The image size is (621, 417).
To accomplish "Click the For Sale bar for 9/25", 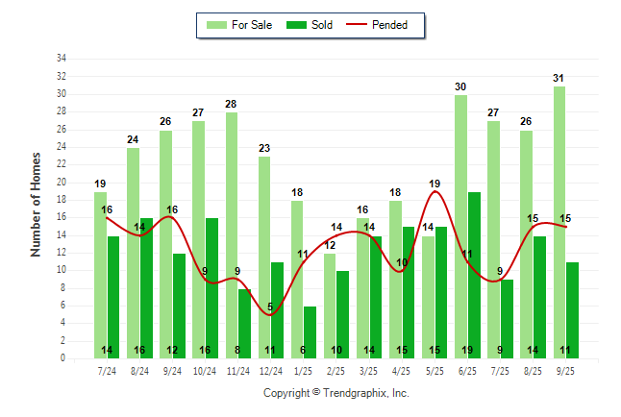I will pyautogui.click(x=559, y=222).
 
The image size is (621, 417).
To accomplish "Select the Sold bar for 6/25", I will pyautogui.click(x=474, y=275).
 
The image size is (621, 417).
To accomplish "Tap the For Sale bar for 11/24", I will pyautogui.click(x=232, y=235).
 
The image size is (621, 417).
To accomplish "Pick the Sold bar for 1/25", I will pyautogui.click(x=310, y=331).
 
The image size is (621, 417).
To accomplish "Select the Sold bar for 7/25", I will pyautogui.click(x=507, y=319).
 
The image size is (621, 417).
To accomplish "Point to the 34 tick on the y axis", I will pyautogui.click(x=62, y=59).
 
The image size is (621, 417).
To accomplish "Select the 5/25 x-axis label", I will pyautogui.click(x=435, y=370).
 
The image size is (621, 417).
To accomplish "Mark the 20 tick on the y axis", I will pyautogui.click(x=62, y=183).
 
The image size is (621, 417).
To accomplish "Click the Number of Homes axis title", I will pyautogui.click(x=37, y=204).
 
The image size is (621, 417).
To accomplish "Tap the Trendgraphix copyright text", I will pyautogui.click(x=336, y=393).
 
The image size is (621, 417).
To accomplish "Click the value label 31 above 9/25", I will pyautogui.click(x=559, y=78).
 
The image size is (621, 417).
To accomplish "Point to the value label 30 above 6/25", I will pyautogui.click(x=461, y=86).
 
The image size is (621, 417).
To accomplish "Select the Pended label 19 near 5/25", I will pyautogui.click(x=435, y=183).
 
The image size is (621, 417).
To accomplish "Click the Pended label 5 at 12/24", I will pyautogui.click(x=270, y=307).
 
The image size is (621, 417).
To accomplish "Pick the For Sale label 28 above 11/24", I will pyautogui.click(x=232, y=104).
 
